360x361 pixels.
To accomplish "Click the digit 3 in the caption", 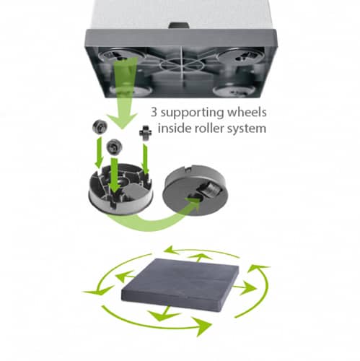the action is click(154, 113).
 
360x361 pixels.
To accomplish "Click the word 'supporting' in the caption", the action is click(192, 113).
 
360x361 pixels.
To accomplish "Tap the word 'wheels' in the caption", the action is click(247, 112).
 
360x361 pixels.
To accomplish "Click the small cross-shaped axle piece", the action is click(146, 133).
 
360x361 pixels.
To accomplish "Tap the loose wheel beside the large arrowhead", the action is click(100, 126).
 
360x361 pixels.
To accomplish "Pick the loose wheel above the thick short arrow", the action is click(114, 147).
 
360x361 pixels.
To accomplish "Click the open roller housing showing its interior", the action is click(120, 188).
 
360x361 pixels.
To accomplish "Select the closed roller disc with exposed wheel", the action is click(196, 190).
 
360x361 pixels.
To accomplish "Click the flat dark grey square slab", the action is click(180, 284).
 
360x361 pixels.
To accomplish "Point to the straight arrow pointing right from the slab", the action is click(245, 288).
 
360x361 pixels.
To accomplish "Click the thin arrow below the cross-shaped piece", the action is click(145, 159).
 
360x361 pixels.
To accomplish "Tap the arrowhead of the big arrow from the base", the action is click(122, 120).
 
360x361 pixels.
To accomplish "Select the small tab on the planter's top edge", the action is click(178, 25).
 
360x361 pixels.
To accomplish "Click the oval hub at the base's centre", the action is click(182, 65).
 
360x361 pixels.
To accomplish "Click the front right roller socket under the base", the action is click(234, 91).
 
